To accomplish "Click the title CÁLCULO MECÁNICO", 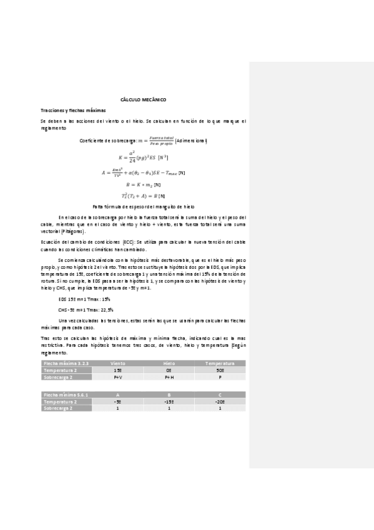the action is (143, 100).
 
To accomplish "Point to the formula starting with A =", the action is (143, 172).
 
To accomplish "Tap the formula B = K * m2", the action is (143, 184).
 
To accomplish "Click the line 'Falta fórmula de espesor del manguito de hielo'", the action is (143, 205).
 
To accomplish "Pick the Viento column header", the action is (117, 362).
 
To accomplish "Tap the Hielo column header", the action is (169, 362).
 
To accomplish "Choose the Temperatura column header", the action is (220, 362).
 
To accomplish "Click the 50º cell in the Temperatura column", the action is (220, 370).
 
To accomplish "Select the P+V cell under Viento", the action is (117, 377).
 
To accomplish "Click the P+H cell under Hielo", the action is (169, 377).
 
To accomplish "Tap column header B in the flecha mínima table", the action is (169, 394).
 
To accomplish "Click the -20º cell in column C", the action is (220, 401).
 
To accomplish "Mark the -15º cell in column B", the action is (169, 401).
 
